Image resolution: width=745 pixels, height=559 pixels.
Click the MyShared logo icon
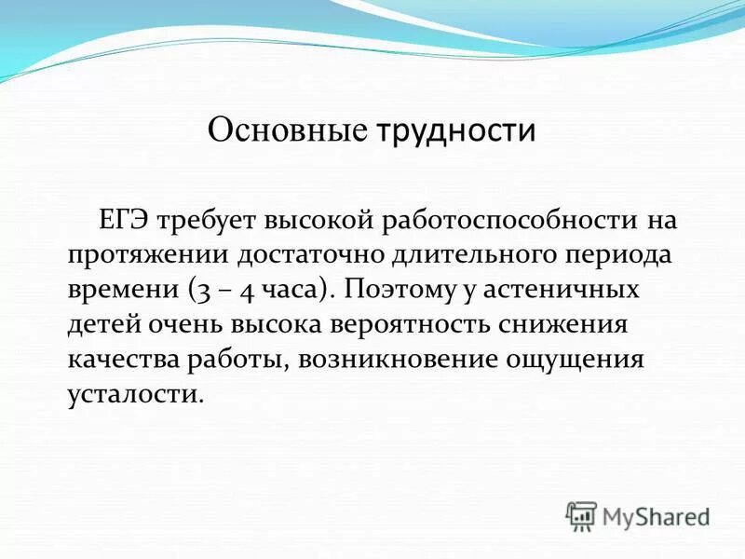pyautogui.click(x=582, y=514)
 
